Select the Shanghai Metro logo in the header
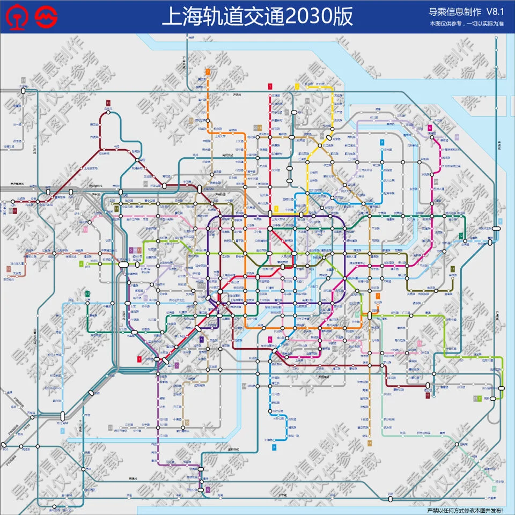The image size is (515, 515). (45, 17)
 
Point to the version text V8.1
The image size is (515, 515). (497, 12)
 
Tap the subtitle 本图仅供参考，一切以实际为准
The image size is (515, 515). (466, 24)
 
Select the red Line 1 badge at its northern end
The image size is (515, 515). (270, 86)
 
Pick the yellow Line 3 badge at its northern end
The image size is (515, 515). (296, 86)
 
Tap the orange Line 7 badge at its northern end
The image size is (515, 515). (207, 71)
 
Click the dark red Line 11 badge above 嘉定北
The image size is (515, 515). (108, 102)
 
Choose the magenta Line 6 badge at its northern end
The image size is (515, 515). (430, 127)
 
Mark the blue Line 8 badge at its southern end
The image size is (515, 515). (274, 446)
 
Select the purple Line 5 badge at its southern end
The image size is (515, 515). (208, 489)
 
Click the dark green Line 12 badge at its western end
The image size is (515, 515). (87, 294)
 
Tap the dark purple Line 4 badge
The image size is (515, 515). (201, 339)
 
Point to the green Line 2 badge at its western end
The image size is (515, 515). (82, 263)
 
